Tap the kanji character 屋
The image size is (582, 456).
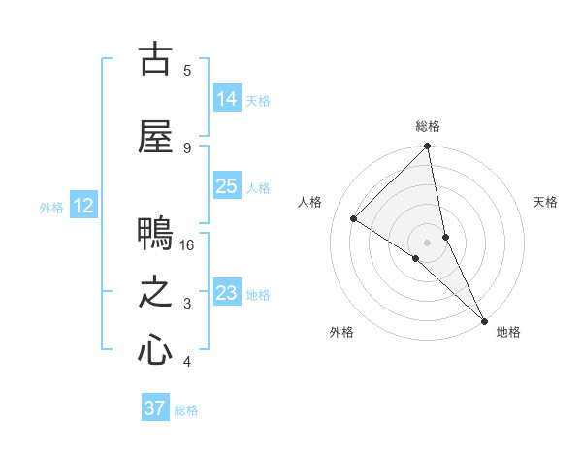pos(155,136)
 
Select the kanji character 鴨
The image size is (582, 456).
pos(155,234)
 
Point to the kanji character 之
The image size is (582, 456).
pos(155,293)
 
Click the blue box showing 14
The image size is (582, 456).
pos(227,98)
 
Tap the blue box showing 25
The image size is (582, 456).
pos(227,186)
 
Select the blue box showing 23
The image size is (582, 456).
pos(227,293)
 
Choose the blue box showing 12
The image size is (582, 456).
pos(83,206)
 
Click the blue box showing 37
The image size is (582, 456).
pos(155,408)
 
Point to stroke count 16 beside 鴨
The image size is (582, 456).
pos(187,244)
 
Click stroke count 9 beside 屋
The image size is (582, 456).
pos(187,147)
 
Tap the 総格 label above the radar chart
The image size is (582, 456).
pos(428,126)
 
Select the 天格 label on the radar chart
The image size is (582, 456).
pos(545,202)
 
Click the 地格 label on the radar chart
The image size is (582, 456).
pos(508,332)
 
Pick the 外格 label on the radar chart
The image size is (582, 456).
pos(341,332)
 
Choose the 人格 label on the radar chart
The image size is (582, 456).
pos(310,202)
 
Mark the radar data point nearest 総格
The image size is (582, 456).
pos(428,147)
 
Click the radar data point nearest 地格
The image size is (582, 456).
pos(484,319)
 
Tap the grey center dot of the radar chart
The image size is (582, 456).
pos(428,242)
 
